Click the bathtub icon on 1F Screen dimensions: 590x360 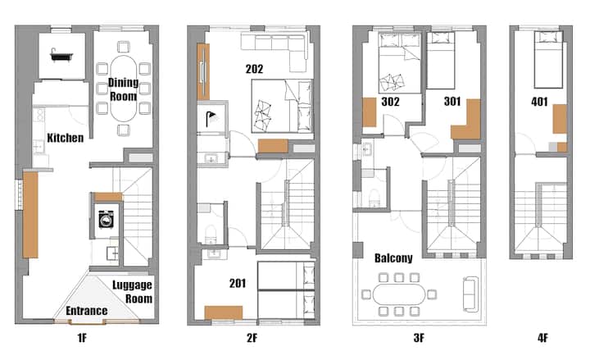click(61, 56)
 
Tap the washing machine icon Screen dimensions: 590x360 click(106, 219)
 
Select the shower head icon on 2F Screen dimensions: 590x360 click(212, 118)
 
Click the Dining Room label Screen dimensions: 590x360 click(123, 89)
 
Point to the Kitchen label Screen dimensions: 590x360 click(66, 138)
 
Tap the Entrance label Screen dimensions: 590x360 click(87, 311)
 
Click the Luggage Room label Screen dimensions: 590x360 click(133, 291)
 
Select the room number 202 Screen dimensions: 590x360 click(254, 69)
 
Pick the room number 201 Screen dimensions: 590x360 click(238, 283)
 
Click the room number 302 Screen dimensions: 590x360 click(390, 102)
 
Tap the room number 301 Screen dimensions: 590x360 click(452, 102)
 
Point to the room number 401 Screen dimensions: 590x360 click(539, 102)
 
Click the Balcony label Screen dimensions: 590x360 click(393, 258)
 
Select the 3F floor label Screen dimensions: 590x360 click(419, 338)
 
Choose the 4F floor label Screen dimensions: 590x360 click(542, 338)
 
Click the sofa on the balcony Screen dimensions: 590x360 click(470, 294)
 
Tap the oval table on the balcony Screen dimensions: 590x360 click(399, 294)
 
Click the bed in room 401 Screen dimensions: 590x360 click(548, 60)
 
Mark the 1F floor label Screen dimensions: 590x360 click(82, 338)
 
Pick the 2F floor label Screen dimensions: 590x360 click(252, 338)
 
